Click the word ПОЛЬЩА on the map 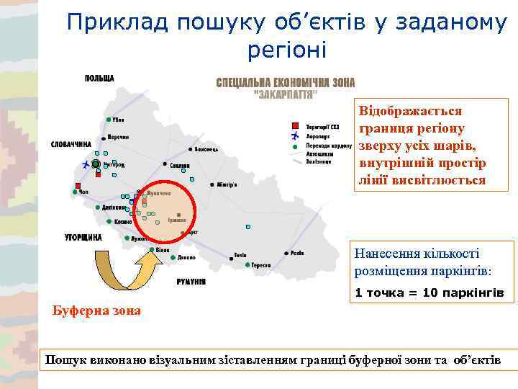[x=100, y=78]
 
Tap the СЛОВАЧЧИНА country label [x=71, y=144]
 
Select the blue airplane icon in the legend [x=294, y=135]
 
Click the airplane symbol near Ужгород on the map [x=86, y=165]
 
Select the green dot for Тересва [x=247, y=264]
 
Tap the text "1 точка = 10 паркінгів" [x=429, y=293]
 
